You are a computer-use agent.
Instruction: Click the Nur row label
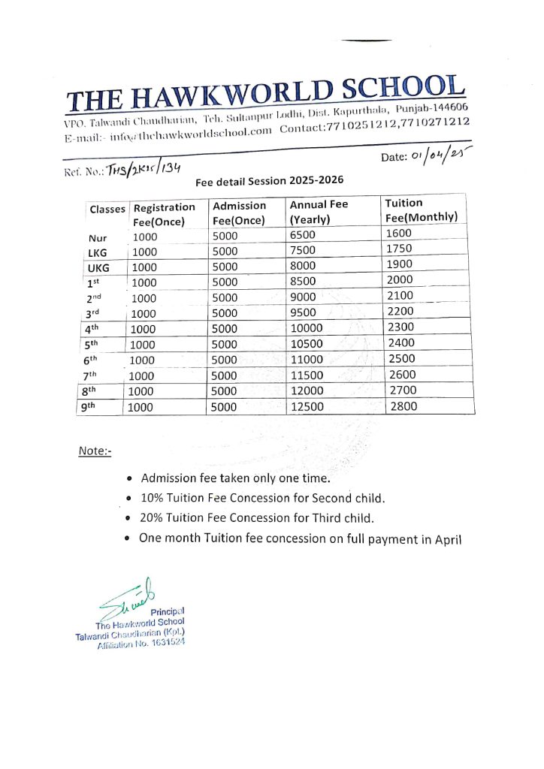[98, 238]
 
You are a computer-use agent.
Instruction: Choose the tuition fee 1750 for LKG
[399, 249]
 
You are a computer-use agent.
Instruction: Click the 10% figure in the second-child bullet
[153, 498]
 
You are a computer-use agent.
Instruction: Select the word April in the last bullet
[445, 538]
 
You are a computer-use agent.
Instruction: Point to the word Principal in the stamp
[168, 611]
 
